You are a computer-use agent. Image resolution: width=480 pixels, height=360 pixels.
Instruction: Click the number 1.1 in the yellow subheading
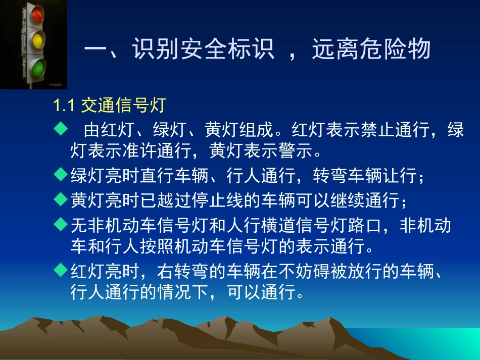(65, 106)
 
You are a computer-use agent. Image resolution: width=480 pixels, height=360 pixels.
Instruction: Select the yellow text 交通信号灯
(123, 106)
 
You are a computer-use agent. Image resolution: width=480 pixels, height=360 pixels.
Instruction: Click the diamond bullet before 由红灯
(61, 130)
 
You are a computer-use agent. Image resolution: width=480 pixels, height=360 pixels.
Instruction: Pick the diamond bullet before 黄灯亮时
(61, 199)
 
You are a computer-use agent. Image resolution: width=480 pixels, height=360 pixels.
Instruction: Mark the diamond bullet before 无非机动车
(61, 224)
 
